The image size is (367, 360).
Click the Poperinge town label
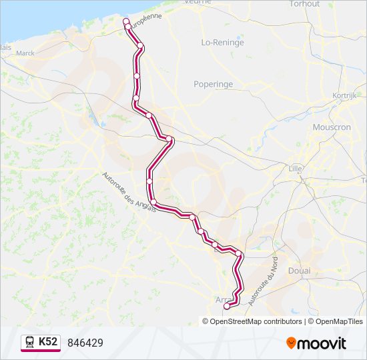(x=213, y=85)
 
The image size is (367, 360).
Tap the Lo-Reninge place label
(x=222, y=42)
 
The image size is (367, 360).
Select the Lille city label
(x=295, y=168)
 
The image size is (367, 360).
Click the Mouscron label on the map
(x=331, y=127)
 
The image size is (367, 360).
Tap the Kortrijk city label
(x=344, y=96)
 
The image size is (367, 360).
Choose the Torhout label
(x=304, y=4)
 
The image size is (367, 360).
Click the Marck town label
(x=25, y=53)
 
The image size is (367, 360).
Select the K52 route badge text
(x=48, y=342)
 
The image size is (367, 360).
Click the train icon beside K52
(x=30, y=342)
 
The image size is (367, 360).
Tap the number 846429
(x=85, y=343)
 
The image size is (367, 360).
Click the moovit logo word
(x=322, y=343)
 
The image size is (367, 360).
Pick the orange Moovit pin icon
(x=291, y=343)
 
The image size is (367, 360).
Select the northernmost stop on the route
(x=126, y=22)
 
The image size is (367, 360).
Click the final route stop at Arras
(x=227, y=307)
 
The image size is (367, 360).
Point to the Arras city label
(x=223, y=299)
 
